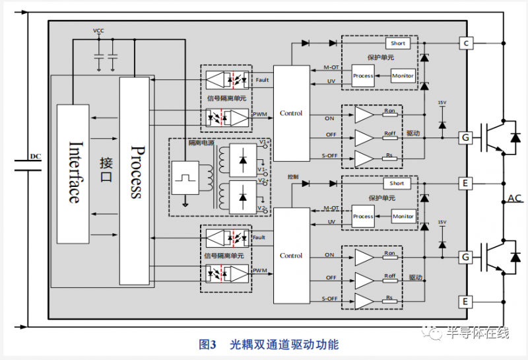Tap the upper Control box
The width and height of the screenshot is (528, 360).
click(x=291, y=114)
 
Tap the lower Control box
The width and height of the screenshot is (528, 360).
click(x=291, y=256)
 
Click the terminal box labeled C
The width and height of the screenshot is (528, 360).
click(x=466, y=44)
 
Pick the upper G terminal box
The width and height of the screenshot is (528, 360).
click(x=466, y=137)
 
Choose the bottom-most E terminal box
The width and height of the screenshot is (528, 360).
click(x=466, y=302)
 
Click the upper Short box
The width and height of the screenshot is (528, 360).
click(x=398, y=44)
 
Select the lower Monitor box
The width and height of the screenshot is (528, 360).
click(x=403, y=217)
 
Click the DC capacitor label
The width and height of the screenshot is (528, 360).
click(x=36, y=156)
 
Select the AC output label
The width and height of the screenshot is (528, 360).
click(x=515, y=198)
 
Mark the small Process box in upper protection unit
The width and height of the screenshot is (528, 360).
click(x=363, y=75)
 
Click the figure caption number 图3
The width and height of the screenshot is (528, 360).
click(x=208, y=344)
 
